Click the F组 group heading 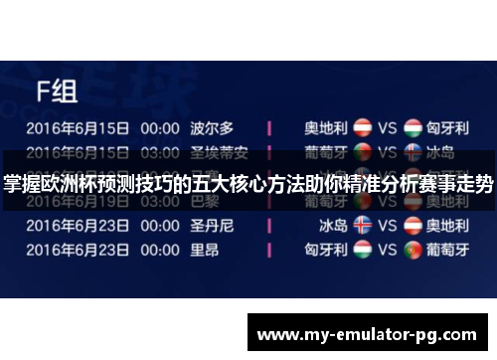click(x=57, y=93)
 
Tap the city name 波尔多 click(x=212, y=128)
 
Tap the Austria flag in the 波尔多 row click(x=364, y=129)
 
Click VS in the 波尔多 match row click(x=387, y=129)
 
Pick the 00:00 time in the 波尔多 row click(x=159, y=129)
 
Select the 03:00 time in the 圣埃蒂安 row click(x=159, y=152)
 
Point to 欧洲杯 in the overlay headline click(x=60, y=184)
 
